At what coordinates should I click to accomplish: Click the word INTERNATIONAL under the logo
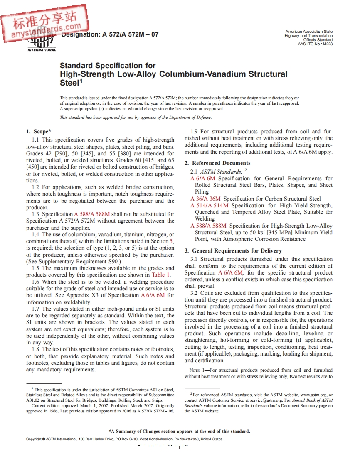(42, 50)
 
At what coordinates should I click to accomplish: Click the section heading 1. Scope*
(39, 132)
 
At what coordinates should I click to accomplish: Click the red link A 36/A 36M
(206, 199)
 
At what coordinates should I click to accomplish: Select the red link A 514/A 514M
(210, 206)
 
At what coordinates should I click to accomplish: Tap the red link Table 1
(161, 275)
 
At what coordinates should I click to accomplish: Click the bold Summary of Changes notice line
(179, 431)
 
